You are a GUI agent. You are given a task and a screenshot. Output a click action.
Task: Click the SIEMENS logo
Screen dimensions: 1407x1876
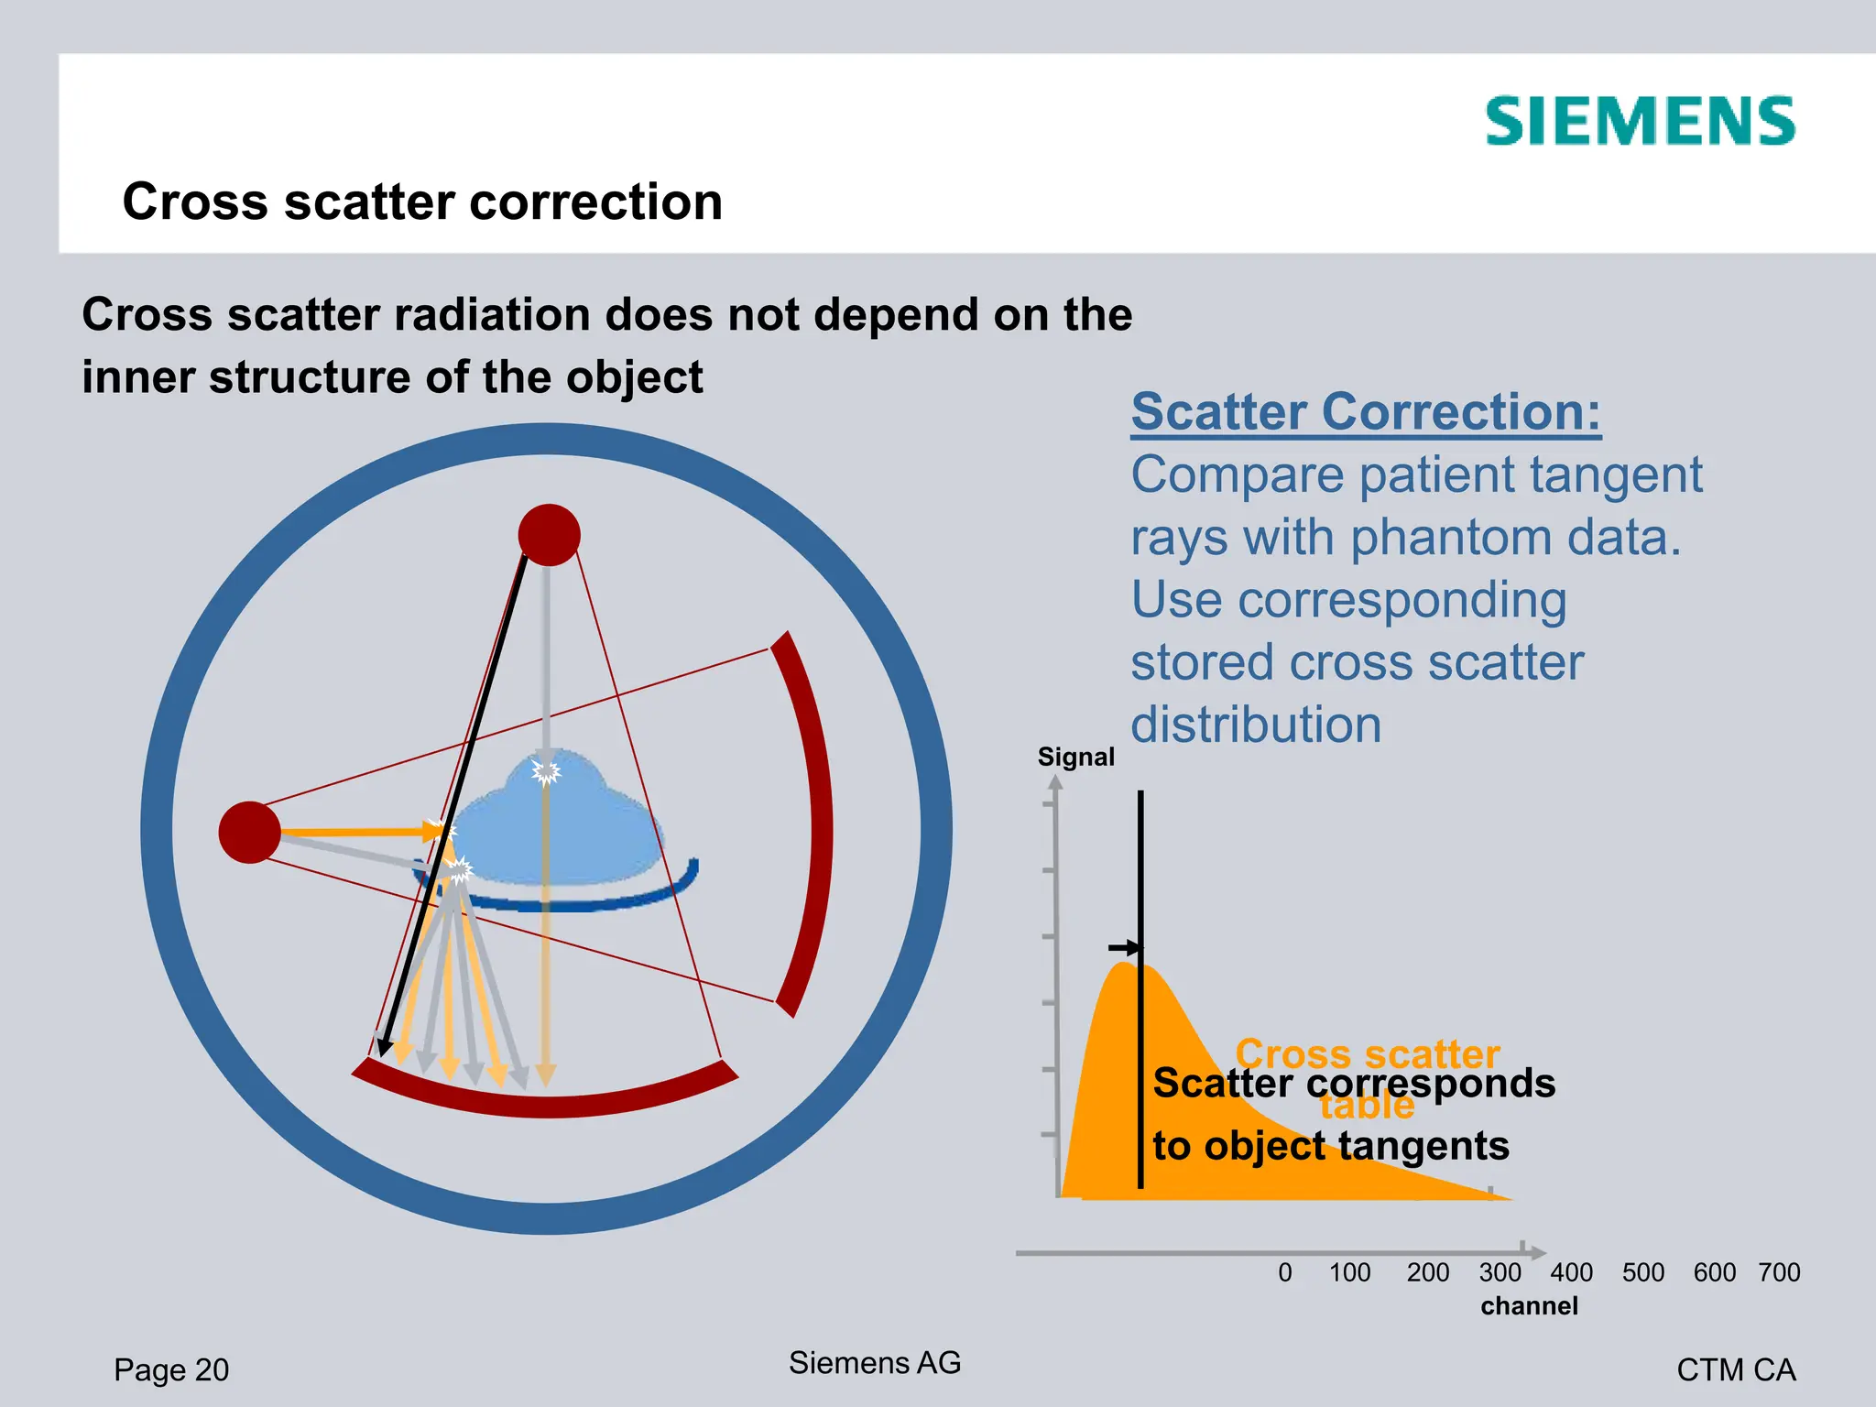(1640, 122)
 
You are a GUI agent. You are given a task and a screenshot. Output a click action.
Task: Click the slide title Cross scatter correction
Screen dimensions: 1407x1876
(422, 202)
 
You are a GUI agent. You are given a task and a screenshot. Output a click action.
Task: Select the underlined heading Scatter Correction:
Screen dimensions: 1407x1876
(1366, 411)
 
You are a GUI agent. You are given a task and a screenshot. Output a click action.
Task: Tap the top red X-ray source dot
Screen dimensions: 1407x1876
(549, 535)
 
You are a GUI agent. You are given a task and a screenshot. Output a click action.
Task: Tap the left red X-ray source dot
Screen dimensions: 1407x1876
(249, 832)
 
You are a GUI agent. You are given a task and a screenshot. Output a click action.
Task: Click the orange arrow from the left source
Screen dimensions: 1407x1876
(357, 832)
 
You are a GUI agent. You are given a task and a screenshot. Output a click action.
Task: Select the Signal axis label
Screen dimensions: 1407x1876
(1075, 757)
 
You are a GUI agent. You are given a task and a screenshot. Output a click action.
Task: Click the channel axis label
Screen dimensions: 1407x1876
(1529, 1305)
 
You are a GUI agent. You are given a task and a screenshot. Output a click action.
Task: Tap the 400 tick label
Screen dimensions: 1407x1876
(1571, 1272)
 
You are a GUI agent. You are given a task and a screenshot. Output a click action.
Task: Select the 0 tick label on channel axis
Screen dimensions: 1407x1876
(1285, 1272)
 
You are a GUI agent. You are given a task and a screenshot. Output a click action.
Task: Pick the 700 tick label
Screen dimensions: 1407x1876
(1779, 1272)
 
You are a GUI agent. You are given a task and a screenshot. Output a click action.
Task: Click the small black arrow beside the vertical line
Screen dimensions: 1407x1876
(1124, 947)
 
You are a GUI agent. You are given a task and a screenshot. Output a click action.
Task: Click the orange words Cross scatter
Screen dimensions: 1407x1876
(1367, 1053)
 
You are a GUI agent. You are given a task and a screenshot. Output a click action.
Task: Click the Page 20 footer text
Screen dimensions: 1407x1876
(171, 1369)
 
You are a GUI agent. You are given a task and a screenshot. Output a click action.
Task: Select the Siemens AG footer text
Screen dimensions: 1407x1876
(875, 1362)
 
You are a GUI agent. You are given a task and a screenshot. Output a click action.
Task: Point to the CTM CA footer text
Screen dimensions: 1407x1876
(1735, 1369)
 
